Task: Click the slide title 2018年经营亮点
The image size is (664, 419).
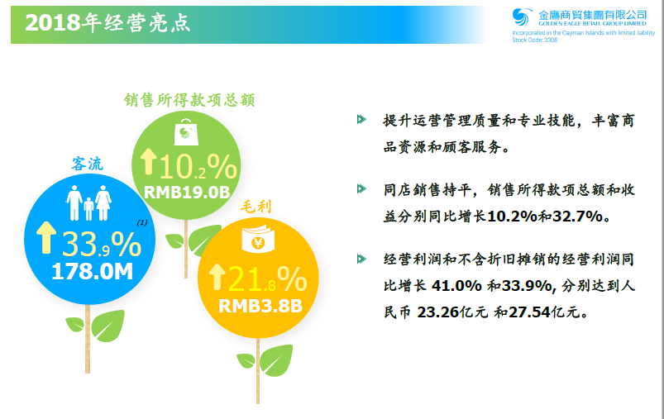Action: [107, 23]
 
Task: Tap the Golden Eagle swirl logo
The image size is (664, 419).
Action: [521, 17]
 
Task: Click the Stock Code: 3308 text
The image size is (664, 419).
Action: [535, 40]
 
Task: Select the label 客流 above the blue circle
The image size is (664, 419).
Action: [87, 164]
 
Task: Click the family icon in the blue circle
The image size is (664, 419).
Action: [88, 202]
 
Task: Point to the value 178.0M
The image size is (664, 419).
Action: [93, 271]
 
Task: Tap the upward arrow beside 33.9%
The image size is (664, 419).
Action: [46, 238]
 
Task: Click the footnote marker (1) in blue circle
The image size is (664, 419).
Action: [142, 222]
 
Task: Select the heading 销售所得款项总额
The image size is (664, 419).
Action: [189, 100]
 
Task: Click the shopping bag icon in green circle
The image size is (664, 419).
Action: [186, 132]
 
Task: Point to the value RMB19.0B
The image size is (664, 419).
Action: [187, 193]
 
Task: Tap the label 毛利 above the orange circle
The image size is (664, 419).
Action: [256, 207]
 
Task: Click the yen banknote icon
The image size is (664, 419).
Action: [258, 239]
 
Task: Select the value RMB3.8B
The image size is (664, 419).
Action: [260, 306]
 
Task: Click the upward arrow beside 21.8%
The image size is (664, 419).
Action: [217, 277]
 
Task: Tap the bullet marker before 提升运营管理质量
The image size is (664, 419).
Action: [361, 119]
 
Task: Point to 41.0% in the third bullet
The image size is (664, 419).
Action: [456, 286]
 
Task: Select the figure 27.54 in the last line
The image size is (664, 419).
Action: [529, 312]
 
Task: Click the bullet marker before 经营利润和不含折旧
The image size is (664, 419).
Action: [361, 259]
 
